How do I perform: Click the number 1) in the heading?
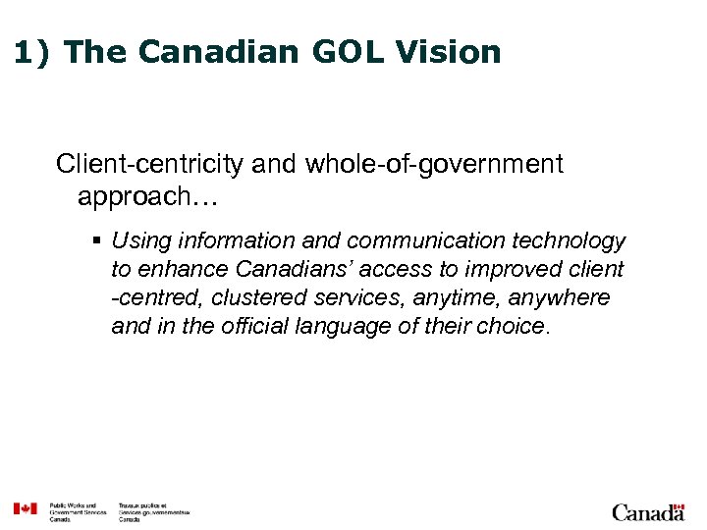tap(32, 51)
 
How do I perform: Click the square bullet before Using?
tap(100, 241)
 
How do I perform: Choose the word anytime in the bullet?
tap(456, 297)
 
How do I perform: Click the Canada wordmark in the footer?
tap(648, 511)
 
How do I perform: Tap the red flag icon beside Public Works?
tap(25, 508)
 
